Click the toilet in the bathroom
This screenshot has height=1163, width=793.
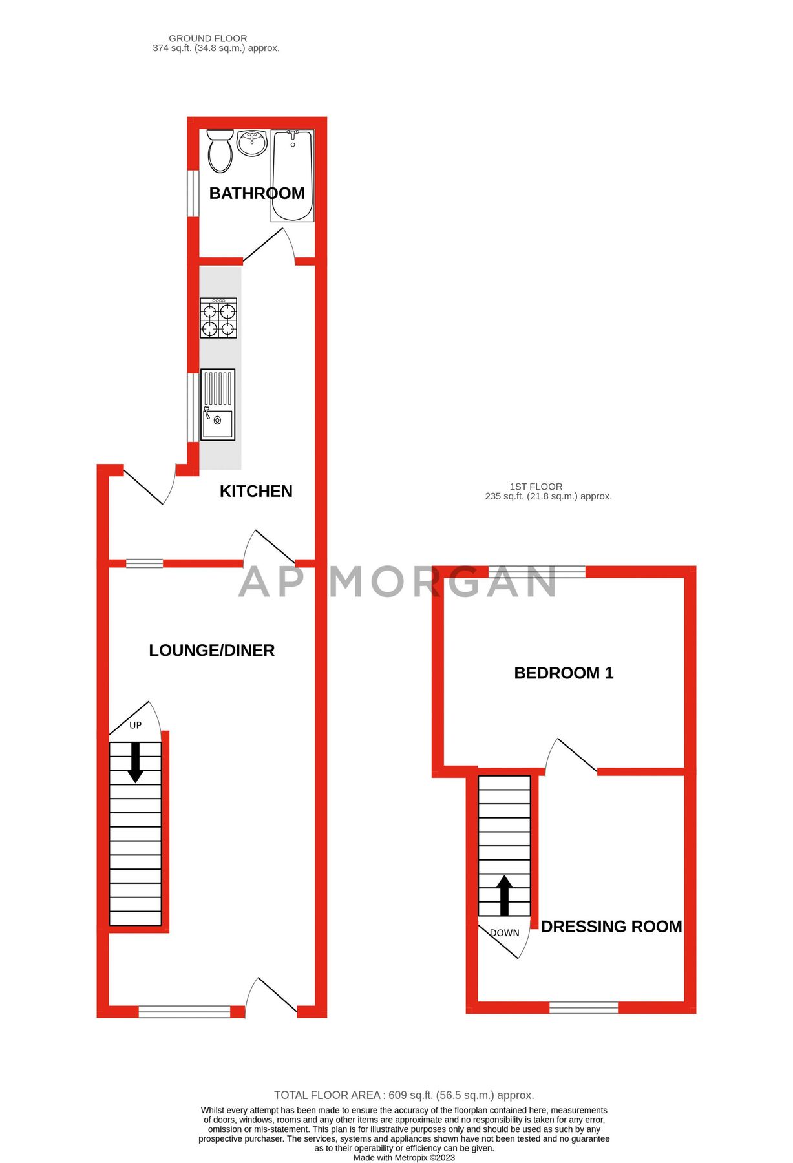[220, 152]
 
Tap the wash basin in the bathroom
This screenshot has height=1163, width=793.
[251, 143]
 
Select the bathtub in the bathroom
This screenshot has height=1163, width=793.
[292, 176]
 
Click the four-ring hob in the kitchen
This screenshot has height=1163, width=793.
[218, 318]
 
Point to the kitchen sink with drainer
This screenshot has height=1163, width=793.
[218, 404]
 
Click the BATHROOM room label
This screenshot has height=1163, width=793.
[257, 193]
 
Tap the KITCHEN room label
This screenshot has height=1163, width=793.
[256, 491]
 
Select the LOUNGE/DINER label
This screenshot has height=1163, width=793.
[211, 650]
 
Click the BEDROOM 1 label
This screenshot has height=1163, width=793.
[564, 673]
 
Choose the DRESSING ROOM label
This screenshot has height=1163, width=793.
[611, 927]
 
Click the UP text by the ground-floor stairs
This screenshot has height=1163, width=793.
[135, 725]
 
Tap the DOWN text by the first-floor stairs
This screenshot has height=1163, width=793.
[504, 932]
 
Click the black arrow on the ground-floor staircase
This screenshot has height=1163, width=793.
[135, 762]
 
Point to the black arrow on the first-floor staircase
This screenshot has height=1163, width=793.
[504, 895]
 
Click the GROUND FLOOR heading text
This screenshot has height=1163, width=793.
[208, 39]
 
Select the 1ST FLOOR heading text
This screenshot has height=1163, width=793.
[536, 487]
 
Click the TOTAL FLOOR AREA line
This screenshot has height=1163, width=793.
[404, 1095]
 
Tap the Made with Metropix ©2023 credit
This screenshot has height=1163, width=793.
[404, 1157]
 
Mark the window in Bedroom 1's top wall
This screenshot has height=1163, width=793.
[536, 571]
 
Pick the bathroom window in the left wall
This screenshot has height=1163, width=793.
[193, 193]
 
